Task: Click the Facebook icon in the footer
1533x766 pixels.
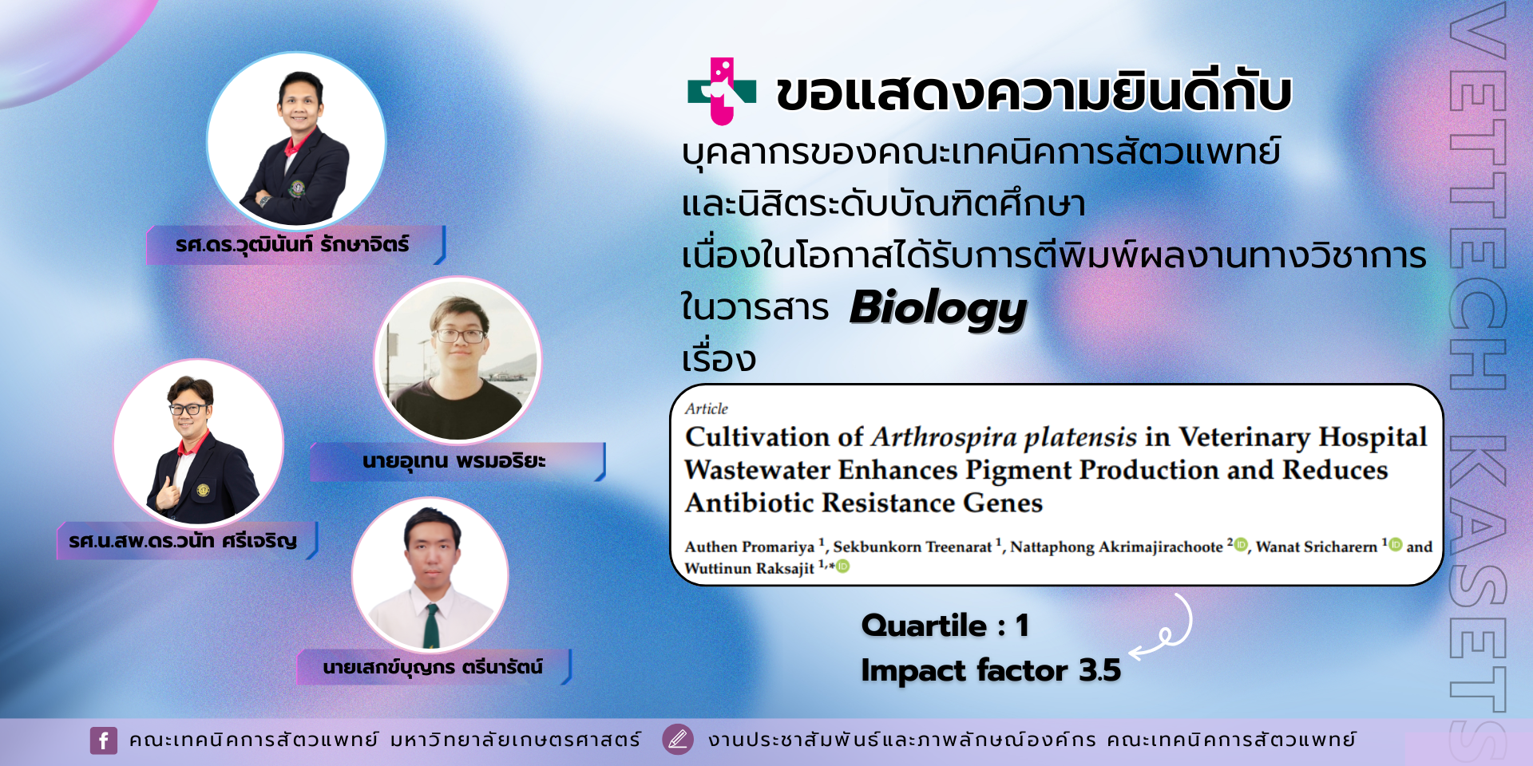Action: click(x=104, y=740)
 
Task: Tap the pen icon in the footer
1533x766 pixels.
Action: click(x=677, y=740)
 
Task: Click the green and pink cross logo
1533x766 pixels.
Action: click(x=722, y=91)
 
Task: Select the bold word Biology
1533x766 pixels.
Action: click(x=938, y=310)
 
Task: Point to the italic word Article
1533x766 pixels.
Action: click(x=707, y=409)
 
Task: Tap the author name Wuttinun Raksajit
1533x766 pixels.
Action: click(x=749, y=568)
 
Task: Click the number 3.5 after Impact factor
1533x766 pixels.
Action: click(x=1099, y=670)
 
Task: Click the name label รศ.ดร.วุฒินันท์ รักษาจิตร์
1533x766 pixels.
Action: click(x=292, y=244)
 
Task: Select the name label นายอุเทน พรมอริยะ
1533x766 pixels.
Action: click(x=454, y=461)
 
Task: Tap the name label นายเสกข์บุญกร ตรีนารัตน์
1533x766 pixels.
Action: click(x=433, y=667)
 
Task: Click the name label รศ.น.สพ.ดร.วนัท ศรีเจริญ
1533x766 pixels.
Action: click(x=183, y=541)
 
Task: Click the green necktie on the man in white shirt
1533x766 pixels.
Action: click(x=431, y=626)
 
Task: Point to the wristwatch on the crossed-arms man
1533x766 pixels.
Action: click(x=264, y=199)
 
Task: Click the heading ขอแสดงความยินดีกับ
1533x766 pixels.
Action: click(x=1034, y=93)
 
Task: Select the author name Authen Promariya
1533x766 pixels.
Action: click(x=750, y=547)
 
